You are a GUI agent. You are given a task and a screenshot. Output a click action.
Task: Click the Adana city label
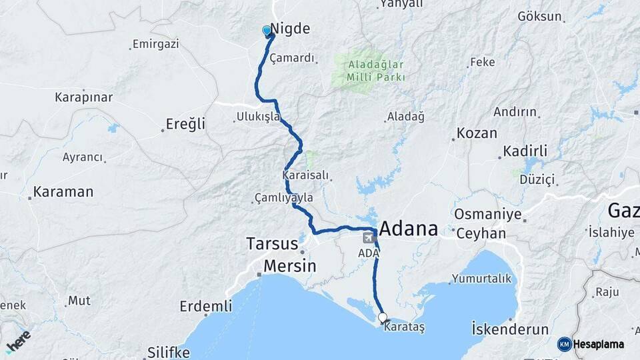(409, 229)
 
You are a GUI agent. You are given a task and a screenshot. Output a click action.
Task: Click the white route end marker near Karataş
(383, 317)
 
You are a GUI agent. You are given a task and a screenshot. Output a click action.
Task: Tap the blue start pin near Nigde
(267, 31)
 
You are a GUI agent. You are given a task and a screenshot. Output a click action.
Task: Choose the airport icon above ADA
(368, 238)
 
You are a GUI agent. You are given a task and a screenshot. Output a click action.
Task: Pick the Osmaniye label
(487, 214)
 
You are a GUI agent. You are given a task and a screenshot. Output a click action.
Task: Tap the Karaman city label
(63, 192)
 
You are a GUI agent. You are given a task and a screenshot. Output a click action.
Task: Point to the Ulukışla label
(259, 117)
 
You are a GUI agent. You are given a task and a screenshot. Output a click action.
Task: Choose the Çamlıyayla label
(284, 198)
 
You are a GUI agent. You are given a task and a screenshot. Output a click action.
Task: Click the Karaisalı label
(306, 175)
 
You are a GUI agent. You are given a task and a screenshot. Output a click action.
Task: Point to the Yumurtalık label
(481, 278)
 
